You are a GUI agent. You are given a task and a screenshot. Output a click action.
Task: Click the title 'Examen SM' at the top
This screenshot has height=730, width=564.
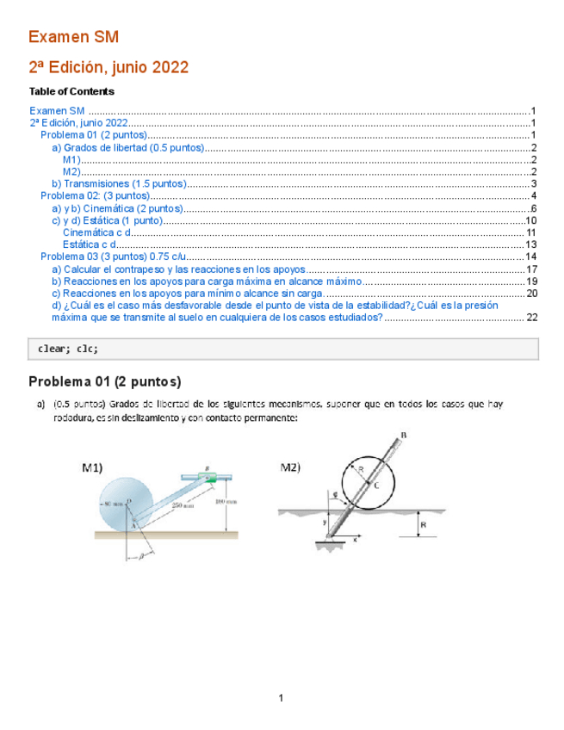point(73,37)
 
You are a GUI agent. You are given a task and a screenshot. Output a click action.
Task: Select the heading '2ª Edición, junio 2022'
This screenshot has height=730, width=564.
point(108,67)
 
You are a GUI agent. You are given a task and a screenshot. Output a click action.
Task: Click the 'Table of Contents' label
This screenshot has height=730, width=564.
point(71,91)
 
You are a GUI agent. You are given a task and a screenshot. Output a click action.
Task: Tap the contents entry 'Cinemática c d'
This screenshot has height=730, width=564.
point(96,232)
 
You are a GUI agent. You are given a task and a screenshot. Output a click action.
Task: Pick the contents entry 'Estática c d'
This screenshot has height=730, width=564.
point(90,244)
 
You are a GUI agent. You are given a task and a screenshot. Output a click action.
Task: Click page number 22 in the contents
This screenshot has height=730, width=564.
point(531,317)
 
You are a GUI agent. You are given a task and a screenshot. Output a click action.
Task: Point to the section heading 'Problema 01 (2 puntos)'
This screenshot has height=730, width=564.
point(104,381)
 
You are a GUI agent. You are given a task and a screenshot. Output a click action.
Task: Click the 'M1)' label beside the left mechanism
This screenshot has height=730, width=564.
point(92,468)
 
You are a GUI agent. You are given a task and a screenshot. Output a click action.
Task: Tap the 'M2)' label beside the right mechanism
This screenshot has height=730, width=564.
point(290,468)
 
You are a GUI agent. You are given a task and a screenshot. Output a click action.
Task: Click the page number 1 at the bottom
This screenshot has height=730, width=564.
point(282,697)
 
